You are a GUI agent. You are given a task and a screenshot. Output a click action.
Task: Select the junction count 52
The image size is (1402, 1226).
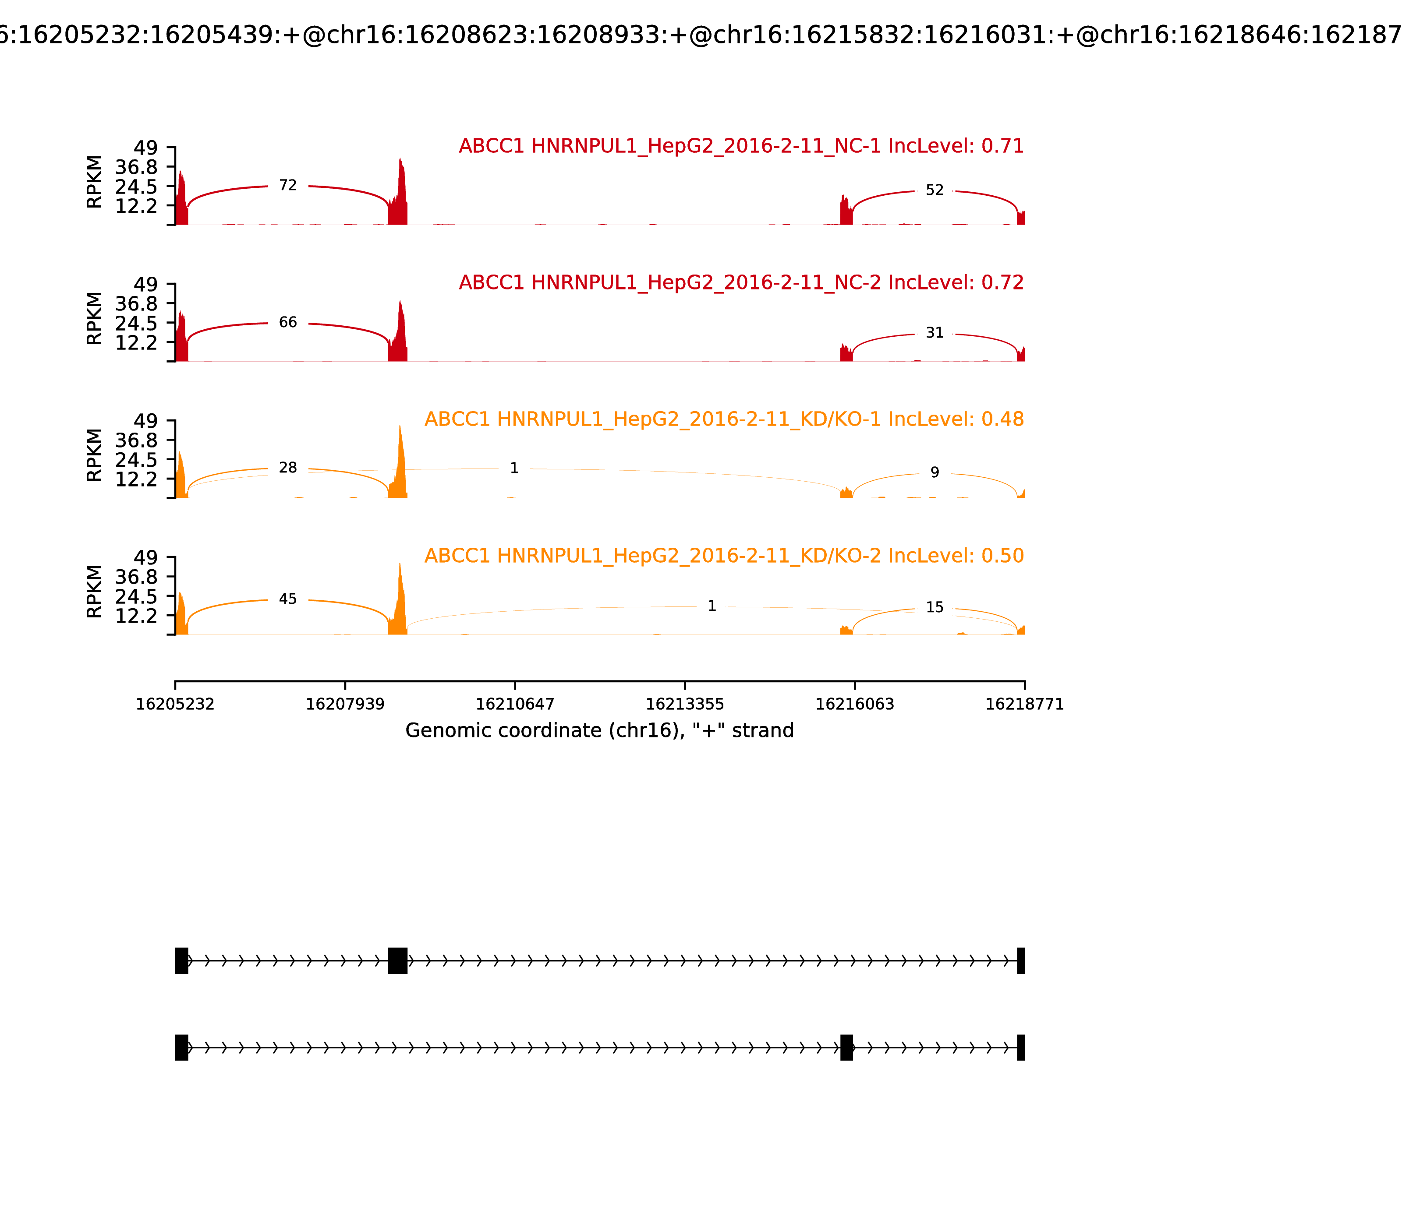[935, 190]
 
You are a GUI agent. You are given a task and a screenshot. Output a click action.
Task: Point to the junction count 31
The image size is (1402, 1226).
[935, 333]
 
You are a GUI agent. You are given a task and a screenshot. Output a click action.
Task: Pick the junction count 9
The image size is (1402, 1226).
[935, 473]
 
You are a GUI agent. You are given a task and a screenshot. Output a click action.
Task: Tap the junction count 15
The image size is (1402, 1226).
[935, 608]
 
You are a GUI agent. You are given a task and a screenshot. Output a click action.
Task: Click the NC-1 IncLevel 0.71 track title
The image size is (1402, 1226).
[741, 146]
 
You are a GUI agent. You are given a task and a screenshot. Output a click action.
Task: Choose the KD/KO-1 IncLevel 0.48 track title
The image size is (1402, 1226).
[724, 419]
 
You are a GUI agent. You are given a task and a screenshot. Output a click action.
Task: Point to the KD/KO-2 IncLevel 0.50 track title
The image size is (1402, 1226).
[724, 556]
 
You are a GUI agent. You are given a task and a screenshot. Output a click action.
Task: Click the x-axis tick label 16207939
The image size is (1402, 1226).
[345, 705]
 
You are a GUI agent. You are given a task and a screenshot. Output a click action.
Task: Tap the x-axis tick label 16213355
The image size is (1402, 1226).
[684, 705]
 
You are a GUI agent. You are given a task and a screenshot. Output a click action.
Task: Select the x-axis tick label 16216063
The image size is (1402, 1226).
[854, 705]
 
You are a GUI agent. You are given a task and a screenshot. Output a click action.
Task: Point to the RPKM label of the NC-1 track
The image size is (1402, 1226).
[95, 182]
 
